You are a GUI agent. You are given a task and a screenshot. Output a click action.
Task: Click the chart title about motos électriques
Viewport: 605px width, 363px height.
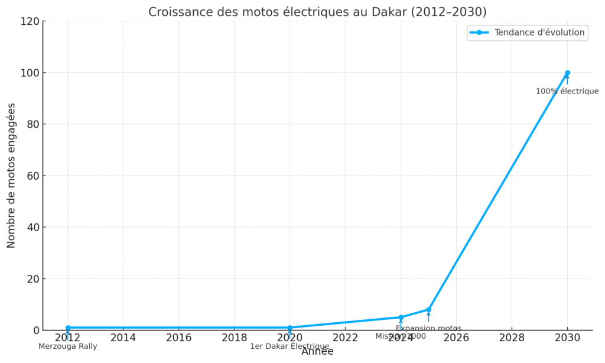coord(317,12)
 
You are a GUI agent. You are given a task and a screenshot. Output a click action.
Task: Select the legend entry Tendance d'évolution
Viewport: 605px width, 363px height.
coord(539,33)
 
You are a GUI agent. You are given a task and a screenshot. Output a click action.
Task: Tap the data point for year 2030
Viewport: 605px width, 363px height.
coord(567,73)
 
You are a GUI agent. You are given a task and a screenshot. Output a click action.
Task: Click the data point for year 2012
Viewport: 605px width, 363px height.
coord(68,328)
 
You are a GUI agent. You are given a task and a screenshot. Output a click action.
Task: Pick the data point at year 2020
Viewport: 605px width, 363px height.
coord(290,328)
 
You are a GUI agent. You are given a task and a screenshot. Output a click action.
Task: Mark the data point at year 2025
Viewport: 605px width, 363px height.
coord(428,309)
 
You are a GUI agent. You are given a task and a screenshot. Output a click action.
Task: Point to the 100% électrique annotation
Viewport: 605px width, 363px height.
coord(567,92)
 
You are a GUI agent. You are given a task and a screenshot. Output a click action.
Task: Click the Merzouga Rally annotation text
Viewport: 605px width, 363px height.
coord(68,346)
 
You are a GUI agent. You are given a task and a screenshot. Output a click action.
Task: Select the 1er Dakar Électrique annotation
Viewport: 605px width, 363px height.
coord(290,346)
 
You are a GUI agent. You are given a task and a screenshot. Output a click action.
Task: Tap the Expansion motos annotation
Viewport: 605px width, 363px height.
coord(428,329)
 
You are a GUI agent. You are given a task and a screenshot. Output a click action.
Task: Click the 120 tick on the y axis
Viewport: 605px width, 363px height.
coord(31,21)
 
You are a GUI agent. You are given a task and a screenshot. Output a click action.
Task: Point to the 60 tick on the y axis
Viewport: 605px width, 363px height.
coord(33,176)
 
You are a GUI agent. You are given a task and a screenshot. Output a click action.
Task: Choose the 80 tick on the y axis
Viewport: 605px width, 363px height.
coord(33,124)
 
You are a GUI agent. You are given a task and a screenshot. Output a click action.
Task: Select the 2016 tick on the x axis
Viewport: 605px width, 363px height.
coord(178,338)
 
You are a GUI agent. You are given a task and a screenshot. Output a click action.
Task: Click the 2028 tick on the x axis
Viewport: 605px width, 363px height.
coord(512,338)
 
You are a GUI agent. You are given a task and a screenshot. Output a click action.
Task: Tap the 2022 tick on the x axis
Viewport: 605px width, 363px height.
coord(345,338)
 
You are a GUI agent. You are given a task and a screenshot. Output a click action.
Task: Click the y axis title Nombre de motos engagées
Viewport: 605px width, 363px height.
coord(11,176)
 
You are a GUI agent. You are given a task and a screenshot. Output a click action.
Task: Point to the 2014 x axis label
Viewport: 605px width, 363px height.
coord(123,338)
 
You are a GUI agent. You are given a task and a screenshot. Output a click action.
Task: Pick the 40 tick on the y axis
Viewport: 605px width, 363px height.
coord(33,227)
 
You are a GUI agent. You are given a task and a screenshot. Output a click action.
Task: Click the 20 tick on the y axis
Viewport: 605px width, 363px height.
coord(33,278)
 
